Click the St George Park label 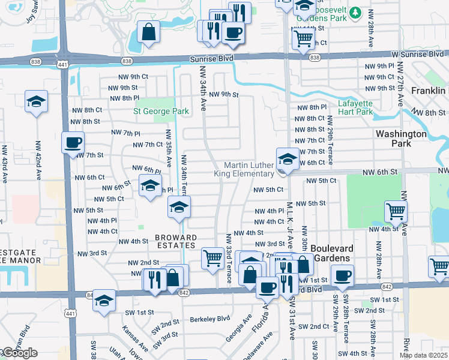(x=161, y=111)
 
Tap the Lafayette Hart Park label (x=355, y=107)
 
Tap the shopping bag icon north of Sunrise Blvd (x=148, y=34)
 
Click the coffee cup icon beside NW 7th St (x=73, y=143)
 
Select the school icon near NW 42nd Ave (x=36, y=101)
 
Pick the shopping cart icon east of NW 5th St (x=396, y=211)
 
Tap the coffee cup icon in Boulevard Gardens (x=343, y=276)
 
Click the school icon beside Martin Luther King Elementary (x=288, y=159)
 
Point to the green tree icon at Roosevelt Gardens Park (x=355, y=12)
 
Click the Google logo (x=19, y=353)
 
